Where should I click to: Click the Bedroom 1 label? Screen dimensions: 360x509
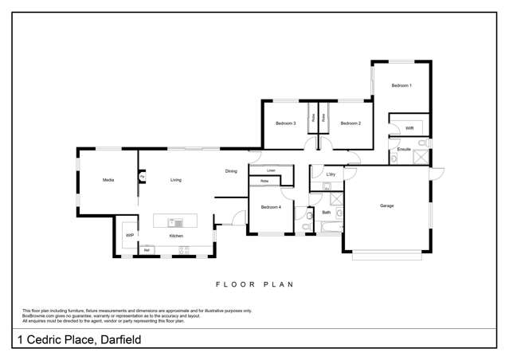[x=401, y=85]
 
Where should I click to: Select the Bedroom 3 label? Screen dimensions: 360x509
[x=286, y=123]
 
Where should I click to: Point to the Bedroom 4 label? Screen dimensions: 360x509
[x=271, y=207]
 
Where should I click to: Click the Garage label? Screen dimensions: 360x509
[x=387, y=205]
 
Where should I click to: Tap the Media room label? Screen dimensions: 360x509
[x=108, y=180]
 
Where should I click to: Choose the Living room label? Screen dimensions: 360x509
[x=175, y=180]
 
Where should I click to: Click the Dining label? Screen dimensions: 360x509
[x=231, y=171]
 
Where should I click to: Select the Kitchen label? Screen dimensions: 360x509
[x=176, y=236]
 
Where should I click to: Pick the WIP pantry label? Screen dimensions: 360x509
[x=129, y=235]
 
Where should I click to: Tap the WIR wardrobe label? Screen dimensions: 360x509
[x=409, y=127]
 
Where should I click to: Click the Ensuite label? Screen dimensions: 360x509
[x=404, y=149]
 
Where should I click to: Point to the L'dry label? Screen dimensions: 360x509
[x=331, y=174]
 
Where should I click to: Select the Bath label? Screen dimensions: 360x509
[x=327, y=213]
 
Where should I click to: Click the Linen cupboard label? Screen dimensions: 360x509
[x=271, y=170]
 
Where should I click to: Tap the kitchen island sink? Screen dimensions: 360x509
[x=177, y=221]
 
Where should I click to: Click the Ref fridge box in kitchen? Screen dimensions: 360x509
[x=147, y=251]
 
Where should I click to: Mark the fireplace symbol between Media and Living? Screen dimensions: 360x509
[x=142, y=177]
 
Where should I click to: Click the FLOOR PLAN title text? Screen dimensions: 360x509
[x=255, y=284]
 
